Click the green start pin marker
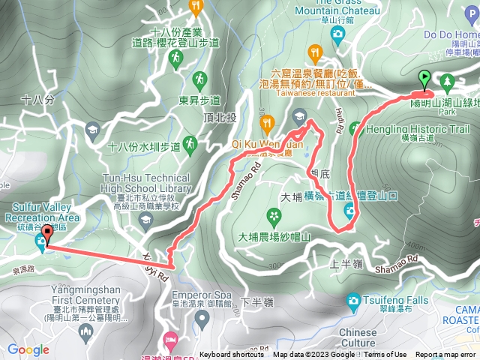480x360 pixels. pyautogui.click(x=424, y=77)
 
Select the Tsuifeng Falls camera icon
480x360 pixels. pyautogui.click(x=352, y=301)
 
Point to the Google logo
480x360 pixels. pyautogui.click(x=28, y=349)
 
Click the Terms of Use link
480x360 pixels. pyautogui.click(x=385, y=355)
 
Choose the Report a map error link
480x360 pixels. pyautogui.click(x=446, y=355)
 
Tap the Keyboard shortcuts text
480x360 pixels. pyautogui.click(x=232, y=355)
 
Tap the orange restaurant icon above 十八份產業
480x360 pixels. pyautogui.click(x=196, y=8)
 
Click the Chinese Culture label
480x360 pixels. pyautogui.click(x=358, y=337)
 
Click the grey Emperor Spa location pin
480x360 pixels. pyautogui.click(x=201, y=319)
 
